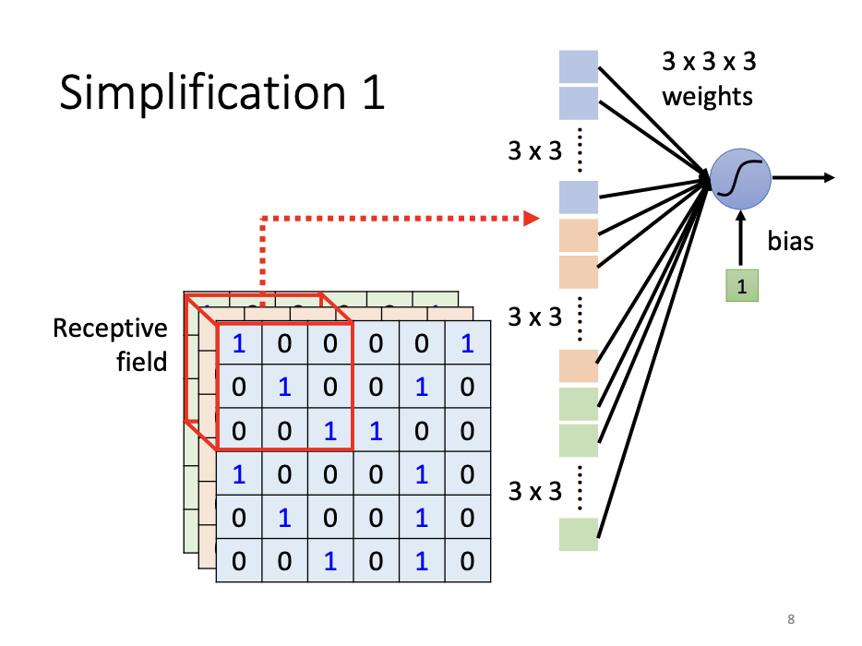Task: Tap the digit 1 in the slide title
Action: click(372, 94)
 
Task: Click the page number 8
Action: click(791, 618)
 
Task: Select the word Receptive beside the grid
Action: click(111, 329)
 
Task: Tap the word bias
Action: click(791, 242)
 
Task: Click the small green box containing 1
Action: click(740, 286)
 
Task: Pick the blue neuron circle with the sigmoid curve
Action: click(739, 178)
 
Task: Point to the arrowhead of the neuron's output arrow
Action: click(830, 178)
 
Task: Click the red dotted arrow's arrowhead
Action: click(531, 219)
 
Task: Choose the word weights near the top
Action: click(708, 96)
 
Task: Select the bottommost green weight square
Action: click(579, 534)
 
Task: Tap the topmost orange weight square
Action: click(579, 235)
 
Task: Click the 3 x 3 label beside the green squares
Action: click(534, 492)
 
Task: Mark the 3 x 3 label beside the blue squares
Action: click(534, 150)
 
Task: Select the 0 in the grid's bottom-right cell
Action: click(467, 561)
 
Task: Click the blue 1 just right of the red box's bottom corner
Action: click(376, 431)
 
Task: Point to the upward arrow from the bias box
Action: click(740, 240)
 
